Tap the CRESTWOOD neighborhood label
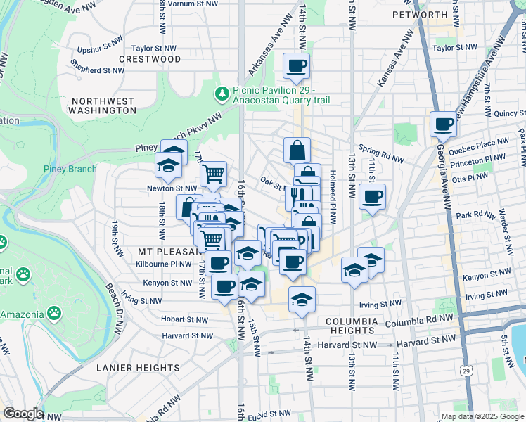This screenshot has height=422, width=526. point(150,59)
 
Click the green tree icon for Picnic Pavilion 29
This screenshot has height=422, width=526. point(222,93)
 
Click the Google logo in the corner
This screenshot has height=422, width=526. point(23,414)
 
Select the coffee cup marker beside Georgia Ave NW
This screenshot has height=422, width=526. point(443,124)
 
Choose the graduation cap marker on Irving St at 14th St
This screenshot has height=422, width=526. point(302,299)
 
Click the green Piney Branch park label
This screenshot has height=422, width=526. point(70,169)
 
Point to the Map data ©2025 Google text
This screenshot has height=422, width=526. point(482,416)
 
